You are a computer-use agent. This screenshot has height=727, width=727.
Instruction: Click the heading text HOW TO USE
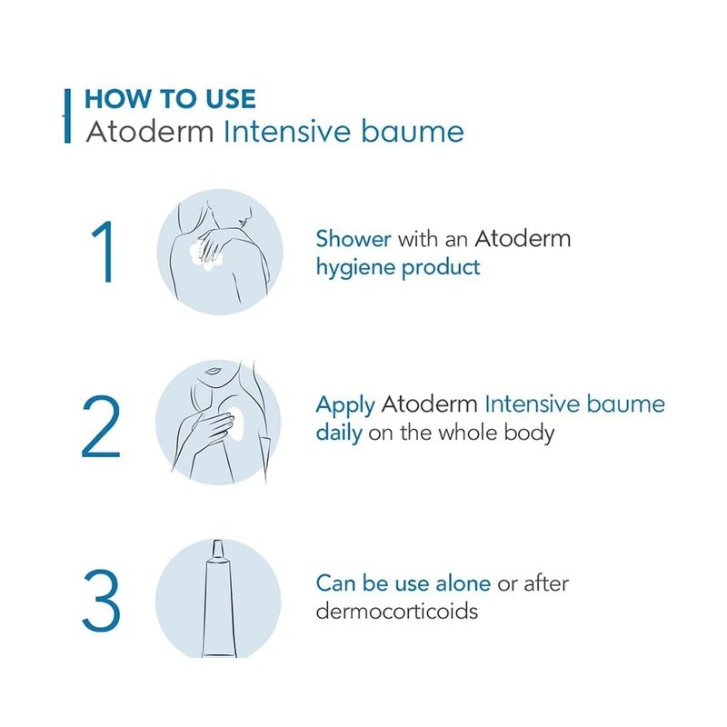pos(170,99)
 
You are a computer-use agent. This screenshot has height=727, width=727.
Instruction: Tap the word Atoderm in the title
pos(150,132)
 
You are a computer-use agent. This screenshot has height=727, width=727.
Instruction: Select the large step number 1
pos(104,252)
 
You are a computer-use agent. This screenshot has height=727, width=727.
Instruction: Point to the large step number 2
pos(101,426)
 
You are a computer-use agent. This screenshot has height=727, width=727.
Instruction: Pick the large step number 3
pos(102,600)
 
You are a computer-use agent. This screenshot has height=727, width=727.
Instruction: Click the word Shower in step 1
pos(354,239)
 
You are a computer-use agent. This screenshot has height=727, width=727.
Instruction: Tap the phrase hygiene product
pos(398,268)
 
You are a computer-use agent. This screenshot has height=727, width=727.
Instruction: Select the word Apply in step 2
pos(345,405)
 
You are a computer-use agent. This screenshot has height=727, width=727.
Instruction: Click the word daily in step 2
pos(339,433)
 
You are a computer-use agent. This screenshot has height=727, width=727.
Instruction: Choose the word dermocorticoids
pos(397,611)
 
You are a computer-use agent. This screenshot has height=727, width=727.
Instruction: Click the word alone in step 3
pos(463,583)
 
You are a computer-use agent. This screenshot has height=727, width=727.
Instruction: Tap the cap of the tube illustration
pos(218,550)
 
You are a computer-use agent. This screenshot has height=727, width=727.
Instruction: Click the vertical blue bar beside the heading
pos(67,116)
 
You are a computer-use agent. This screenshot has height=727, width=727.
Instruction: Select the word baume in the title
pos(413,132)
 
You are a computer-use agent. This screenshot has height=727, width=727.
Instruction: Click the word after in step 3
pos(546,583)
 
